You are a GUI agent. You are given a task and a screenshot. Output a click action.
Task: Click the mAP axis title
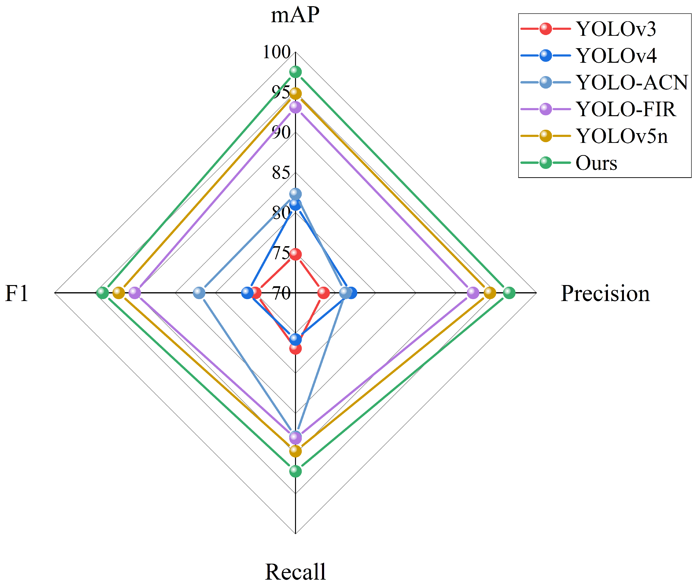point(295,15)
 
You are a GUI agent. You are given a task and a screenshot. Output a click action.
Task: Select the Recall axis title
point(295,572)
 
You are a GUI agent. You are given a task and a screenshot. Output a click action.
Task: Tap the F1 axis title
point(17,294)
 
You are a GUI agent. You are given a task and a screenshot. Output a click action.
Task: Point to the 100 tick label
point(277,52)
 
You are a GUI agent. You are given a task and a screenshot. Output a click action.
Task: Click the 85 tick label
point(281,173)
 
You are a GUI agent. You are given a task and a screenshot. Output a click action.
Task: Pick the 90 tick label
point(281,133)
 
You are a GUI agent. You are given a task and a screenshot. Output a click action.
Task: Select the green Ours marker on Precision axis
point(509,293)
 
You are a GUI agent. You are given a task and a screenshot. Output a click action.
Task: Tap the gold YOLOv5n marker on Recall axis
point(295,451)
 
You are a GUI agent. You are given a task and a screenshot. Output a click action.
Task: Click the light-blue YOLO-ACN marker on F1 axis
point(199,293)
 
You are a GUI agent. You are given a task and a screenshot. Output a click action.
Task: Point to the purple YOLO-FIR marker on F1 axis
point(135,293)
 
